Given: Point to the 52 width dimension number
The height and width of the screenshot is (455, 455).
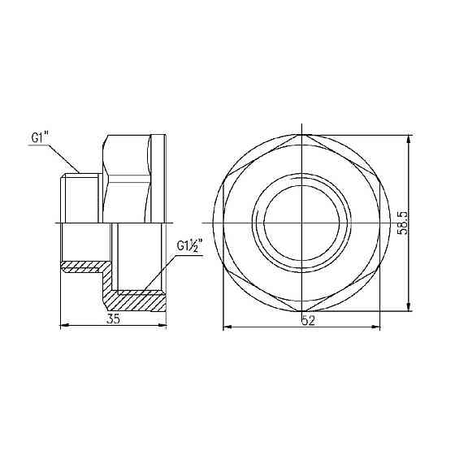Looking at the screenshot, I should pyautogui.click(x=307, y=320).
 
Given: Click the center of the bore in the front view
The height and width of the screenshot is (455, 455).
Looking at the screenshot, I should pyautogui.click(x=301, y=222).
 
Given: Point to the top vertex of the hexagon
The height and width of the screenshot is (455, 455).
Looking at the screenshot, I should pyautogui.click(x=301, y=136).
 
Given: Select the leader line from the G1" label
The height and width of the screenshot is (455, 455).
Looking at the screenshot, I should pyautogui.click(x=65, y=157).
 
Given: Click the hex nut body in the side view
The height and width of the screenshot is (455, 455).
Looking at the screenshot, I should pyautogui.click(x=130, y=179).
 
